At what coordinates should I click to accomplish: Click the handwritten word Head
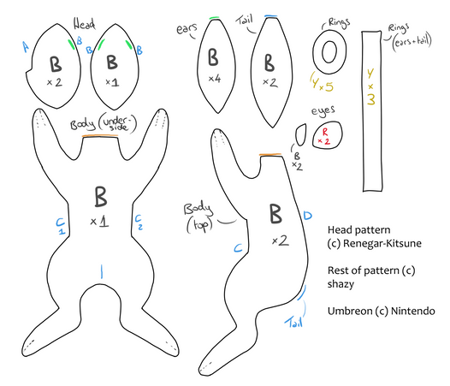pyautogui.click(x=84, y=24)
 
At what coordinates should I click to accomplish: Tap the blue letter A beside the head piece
pyautogui.click(x=26, y=47)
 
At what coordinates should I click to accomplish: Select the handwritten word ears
pyautogui.click(x=187, y=29)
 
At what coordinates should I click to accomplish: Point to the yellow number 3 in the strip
pyautogui.click(x=371, y=99)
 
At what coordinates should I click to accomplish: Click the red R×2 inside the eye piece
pyautogui.click(x=324, y=136)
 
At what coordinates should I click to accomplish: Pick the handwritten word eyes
pyautogui.click(x=323, y=110)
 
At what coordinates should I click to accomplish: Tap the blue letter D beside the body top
pyautogui.click(x=307, y=216)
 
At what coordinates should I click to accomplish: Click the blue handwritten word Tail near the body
pyautogui.click(x=294, y=323)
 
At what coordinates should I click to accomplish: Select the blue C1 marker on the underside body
pyautogui.click(x=61, y=226)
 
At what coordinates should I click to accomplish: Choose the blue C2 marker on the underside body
pyautogui.click(x=139, y=222)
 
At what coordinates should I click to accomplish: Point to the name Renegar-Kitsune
pyautogui.click(x=382, y=244)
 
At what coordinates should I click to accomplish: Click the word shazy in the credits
pyautogui.click(x=340, y=284)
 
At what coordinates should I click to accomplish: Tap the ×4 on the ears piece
pyautogui.click(x=215, y=78)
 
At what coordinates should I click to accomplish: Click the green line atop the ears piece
pyautogui.click(x=214, y=18)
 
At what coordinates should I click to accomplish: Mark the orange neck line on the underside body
pyautogui.click(x=99, y=136)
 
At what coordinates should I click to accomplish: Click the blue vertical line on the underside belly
pyautogui.click(x=101, y=271)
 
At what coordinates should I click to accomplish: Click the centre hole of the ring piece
pyautogui.click(x=329, y=51)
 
